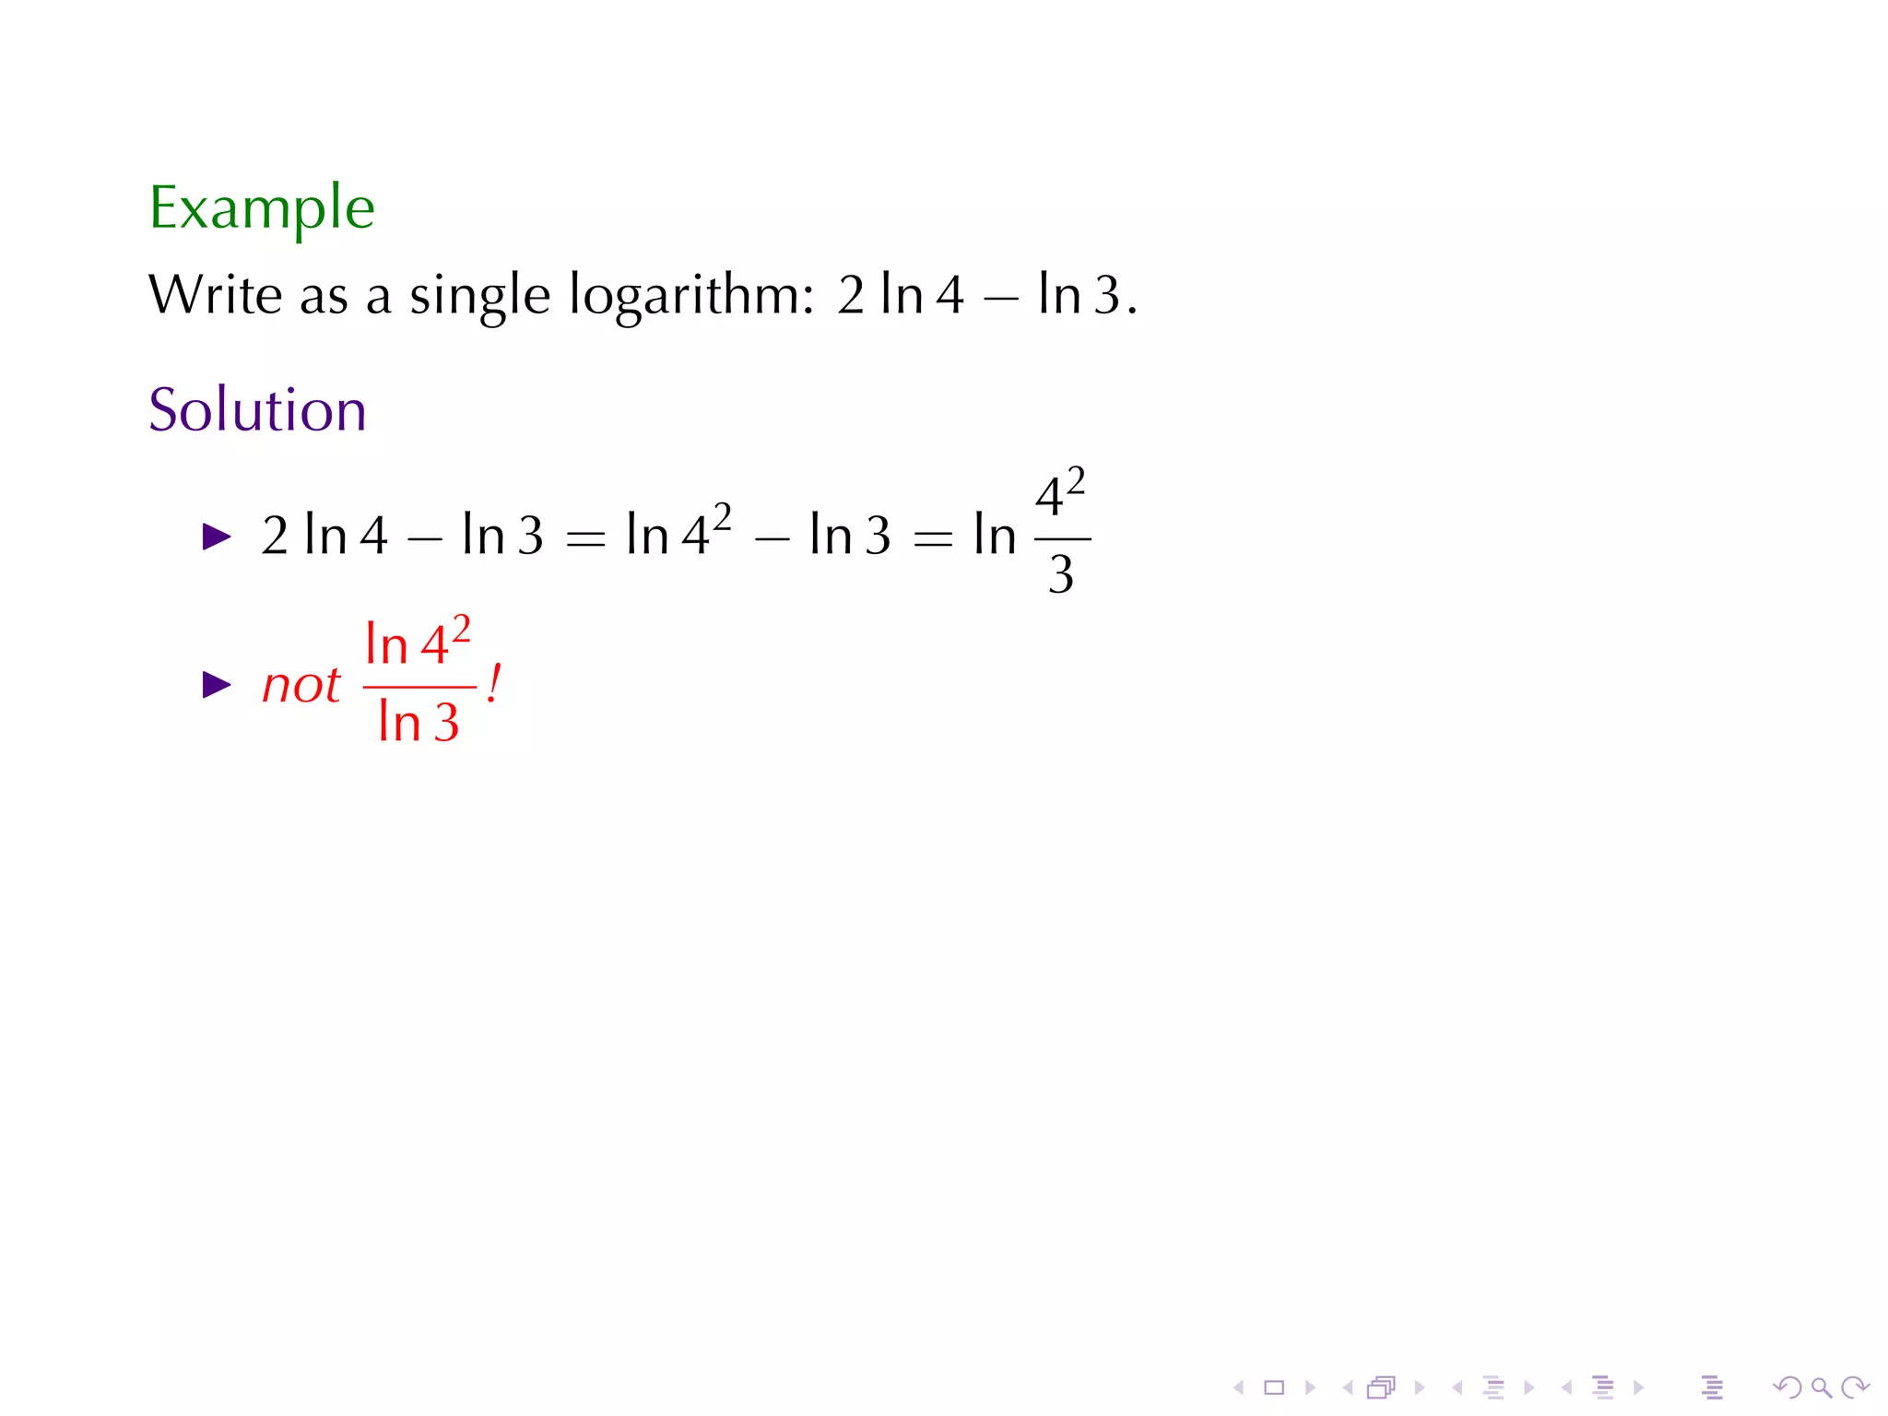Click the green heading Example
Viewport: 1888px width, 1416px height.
tap(262, 208)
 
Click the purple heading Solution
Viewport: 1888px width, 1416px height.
tap(257, 410)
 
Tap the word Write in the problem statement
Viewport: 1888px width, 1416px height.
tap(215, 295)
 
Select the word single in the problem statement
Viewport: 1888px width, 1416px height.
tap(479, 297)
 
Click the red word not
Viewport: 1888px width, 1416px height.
tap(301, 686)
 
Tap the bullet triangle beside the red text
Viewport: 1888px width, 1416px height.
tap(217, 685)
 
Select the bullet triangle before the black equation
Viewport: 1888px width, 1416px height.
tap(217, 537)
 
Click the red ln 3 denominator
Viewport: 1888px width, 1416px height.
tap(419, 722)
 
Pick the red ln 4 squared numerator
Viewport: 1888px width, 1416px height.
tap(419, 642)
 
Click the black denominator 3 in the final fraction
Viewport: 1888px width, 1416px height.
tap(1061, 575)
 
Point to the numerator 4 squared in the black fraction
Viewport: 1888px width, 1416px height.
tap(1060, 494)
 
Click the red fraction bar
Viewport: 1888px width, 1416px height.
tap(419, 688)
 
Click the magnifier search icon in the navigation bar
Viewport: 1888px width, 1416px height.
tap(1821, 1387)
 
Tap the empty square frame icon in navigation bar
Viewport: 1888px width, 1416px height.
tap(1274, 1387)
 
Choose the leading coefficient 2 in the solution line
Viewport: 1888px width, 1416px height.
tap(275, 536)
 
